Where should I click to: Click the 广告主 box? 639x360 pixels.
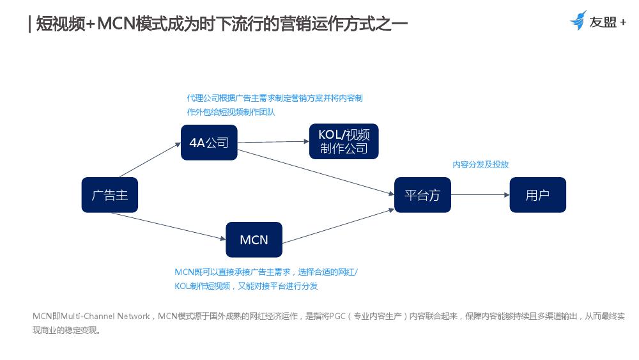[x=109, y=195]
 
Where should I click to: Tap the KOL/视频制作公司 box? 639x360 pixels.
[x=343, y=141]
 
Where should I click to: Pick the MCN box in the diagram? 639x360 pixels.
[x=254, y=240]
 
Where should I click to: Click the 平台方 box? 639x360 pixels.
[x=422, y=195]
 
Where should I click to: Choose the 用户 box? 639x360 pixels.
[x=537, y=195]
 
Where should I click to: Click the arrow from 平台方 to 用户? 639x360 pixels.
[x=480, y=195]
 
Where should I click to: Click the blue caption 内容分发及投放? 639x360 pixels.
[x=481, y=164]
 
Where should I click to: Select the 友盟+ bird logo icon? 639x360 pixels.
[x=578, y=20]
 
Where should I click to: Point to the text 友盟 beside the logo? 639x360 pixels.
[x=603, y=22]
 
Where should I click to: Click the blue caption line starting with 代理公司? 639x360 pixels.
[x=275, y=98]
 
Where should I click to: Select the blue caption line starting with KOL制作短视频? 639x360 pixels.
[x=246, y=286]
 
